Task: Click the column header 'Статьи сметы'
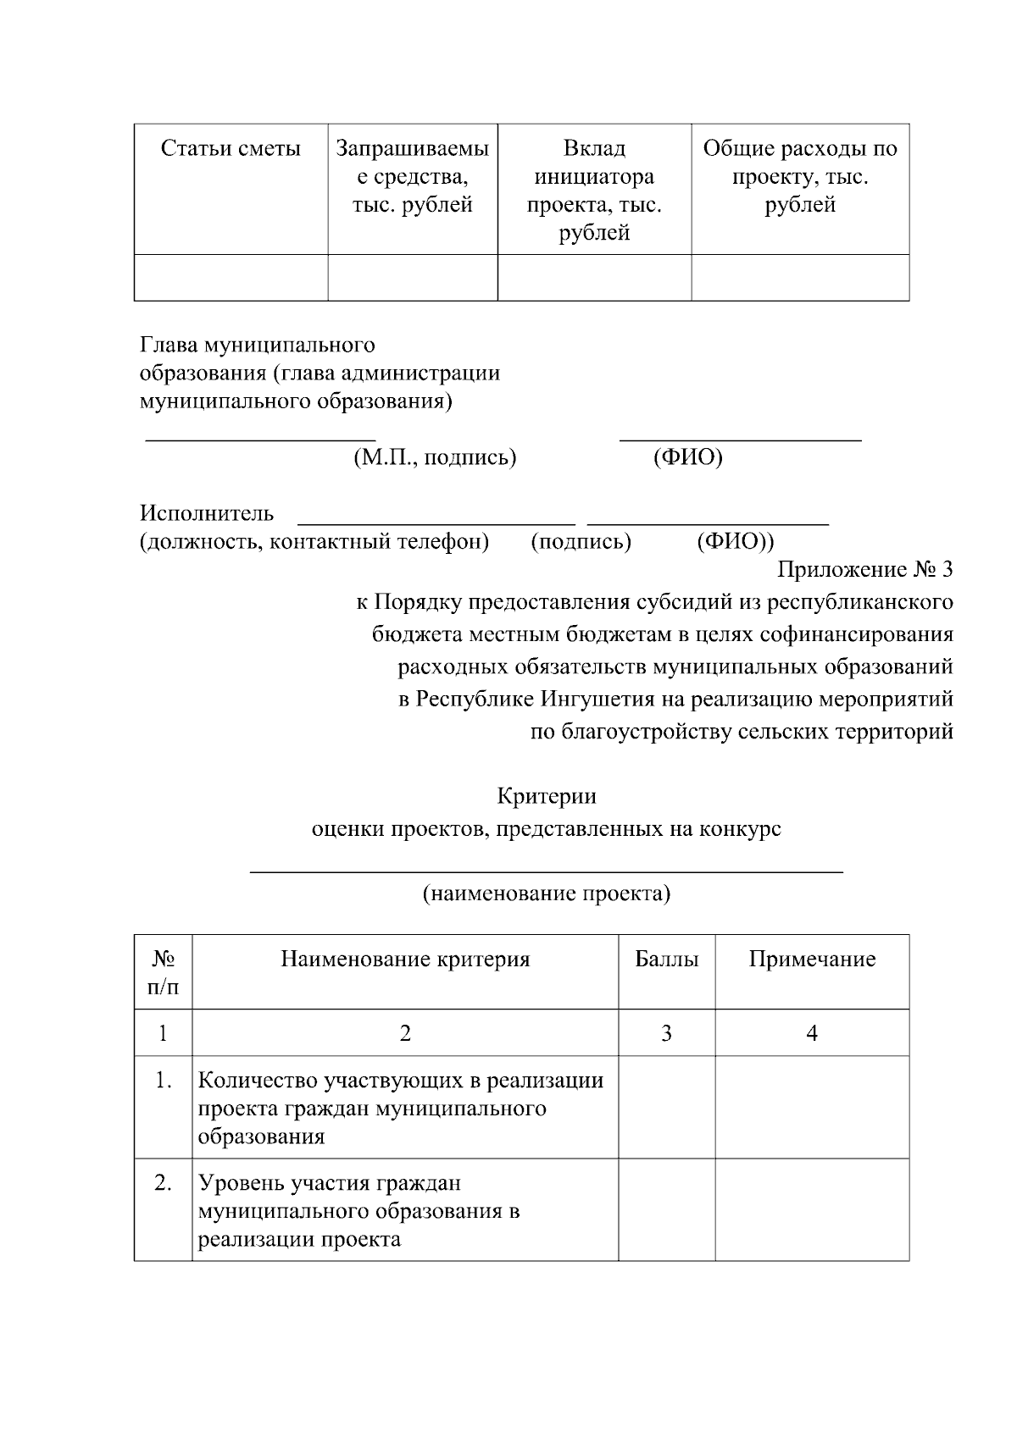tap(231, 149)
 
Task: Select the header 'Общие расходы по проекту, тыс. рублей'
tap(800, 177)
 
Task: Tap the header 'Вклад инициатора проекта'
tap(594, 191)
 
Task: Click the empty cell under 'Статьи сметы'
tap(231, 278)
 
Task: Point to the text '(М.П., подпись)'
tap(435, 458)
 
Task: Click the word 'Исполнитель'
tap(207, 513)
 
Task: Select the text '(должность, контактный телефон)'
tap(314, 541)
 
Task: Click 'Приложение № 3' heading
tap(864, 569)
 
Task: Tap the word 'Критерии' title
tap(546, 796)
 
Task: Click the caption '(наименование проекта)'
tap(547, 893)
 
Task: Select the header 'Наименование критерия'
tap(405, 960)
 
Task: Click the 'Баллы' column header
tap(667, 960)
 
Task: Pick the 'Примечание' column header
tap(812, 960)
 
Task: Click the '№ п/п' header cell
tap(164, 972)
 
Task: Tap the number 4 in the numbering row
tap(812, 1033)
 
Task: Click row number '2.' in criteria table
tap(164, 1183)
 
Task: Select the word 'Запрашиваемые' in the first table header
tap(413, 149)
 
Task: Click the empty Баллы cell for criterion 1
tap(667, 1108)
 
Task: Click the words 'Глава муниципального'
tap(258, 346)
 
